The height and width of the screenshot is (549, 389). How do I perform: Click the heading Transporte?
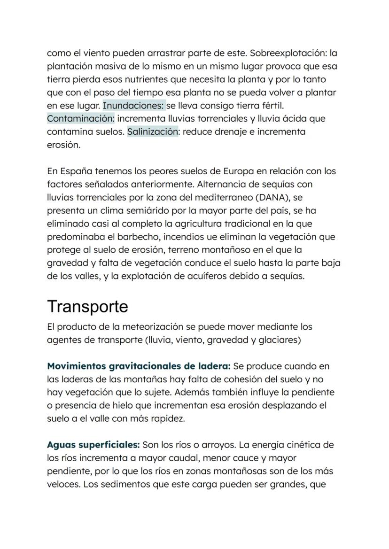click(x=87, y=306)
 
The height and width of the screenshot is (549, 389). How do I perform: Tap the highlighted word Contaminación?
click(x=81, y=119)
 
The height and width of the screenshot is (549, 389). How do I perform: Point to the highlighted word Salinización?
click(x=153, y=132)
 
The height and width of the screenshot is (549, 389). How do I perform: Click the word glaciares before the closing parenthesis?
click(x=278, y=339)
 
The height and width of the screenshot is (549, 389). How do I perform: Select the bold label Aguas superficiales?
click(x=93, y=444)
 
